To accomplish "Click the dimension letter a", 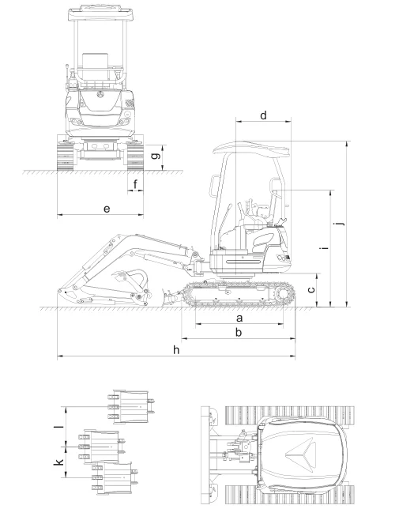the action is point(239,318).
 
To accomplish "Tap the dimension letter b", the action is point(239,332).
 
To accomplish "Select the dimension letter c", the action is point(311,289).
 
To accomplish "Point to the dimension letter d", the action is point(263,115).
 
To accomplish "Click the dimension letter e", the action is point(107,209).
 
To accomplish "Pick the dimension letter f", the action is point(135,184).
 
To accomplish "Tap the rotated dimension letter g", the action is point(156,155).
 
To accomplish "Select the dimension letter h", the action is point(176,349).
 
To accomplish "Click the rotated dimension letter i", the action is point(323,248).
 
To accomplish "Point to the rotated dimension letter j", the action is point(340,224).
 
